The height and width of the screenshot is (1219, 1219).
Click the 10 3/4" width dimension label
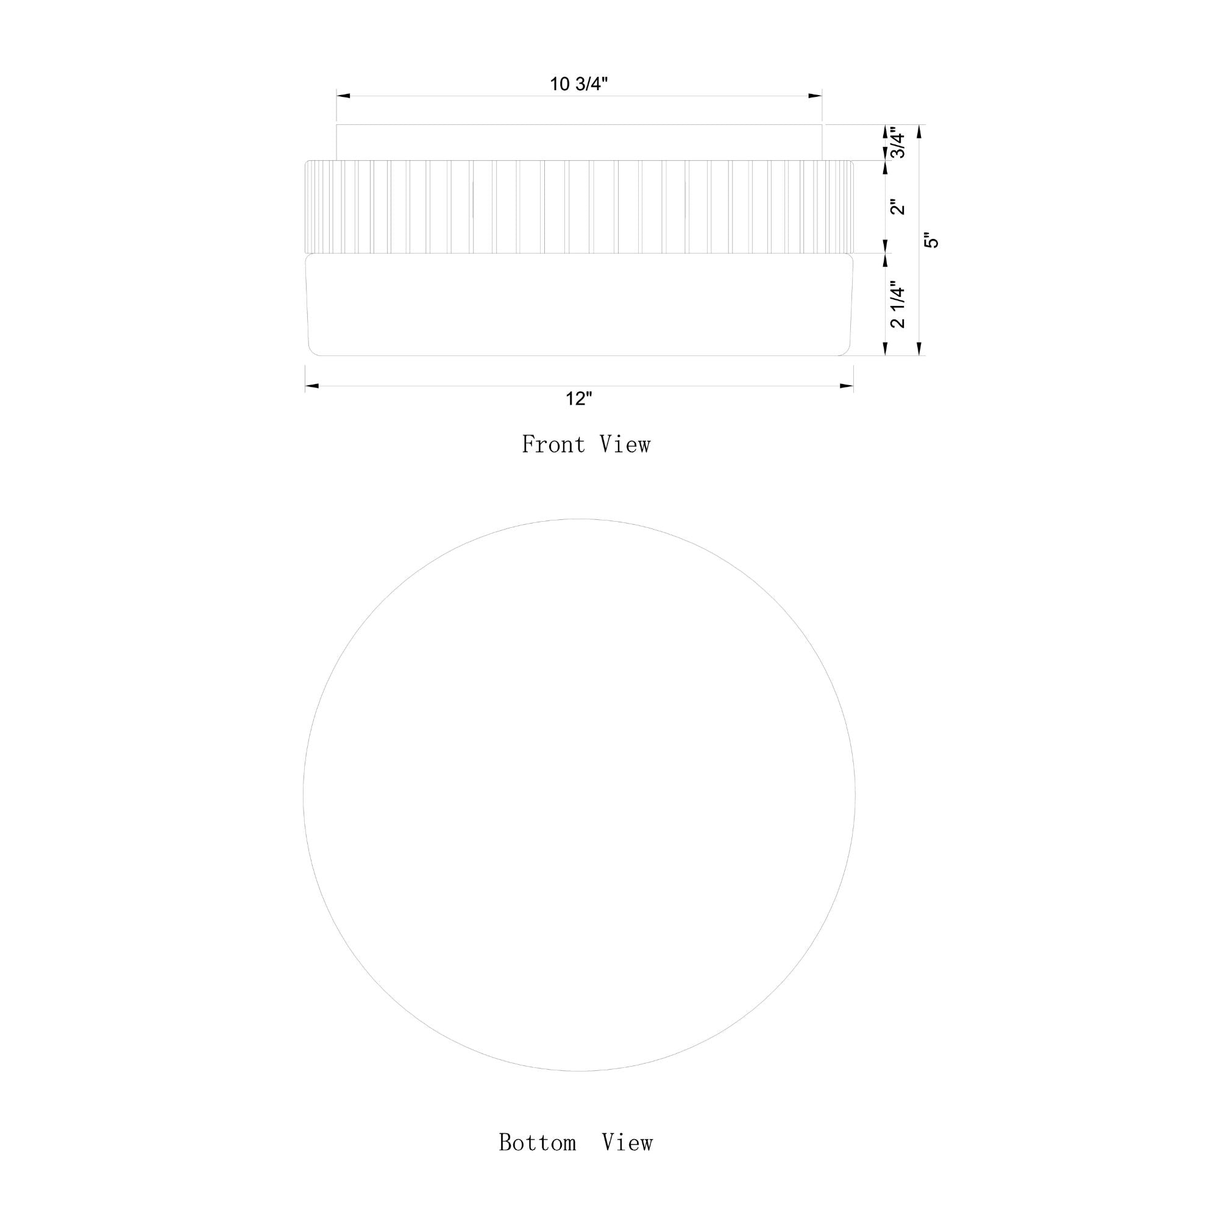578,84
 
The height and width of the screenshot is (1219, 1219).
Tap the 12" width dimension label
578,399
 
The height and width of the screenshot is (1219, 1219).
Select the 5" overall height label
931,241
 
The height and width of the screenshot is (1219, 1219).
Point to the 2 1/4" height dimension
897,305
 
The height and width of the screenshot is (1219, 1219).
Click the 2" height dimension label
897,207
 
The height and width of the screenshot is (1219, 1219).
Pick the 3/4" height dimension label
897,143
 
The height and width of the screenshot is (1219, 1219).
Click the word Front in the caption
553,444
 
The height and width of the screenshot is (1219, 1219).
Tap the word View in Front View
625,444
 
